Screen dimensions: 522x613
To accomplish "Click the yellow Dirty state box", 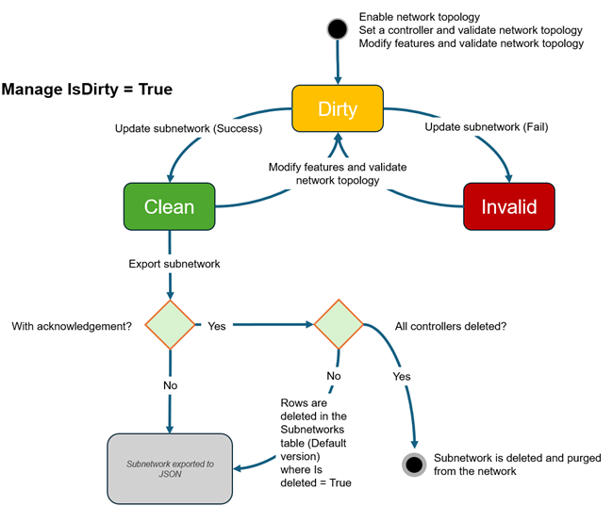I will point(338,109).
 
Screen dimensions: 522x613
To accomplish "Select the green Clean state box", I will point(169,205).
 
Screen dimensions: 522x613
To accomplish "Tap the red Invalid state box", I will point(508,205).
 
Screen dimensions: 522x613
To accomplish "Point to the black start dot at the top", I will point(337,29).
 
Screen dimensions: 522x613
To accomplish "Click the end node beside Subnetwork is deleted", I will point(413,464).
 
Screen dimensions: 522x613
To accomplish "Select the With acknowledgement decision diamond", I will point(170,325).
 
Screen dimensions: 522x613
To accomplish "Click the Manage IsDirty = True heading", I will point(87,90).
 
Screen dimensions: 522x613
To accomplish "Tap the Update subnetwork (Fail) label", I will point(486,126).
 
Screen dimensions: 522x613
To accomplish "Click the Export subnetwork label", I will point(174,264).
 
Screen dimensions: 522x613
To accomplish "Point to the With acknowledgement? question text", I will point(71,326).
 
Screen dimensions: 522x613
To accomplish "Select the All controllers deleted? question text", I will point(451,326).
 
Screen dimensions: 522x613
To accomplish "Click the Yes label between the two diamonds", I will point(216,326).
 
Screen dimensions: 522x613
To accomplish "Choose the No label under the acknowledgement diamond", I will point(170,384).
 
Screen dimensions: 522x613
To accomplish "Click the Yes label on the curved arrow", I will point(400,375).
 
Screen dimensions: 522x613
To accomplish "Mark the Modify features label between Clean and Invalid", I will point(338,173).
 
